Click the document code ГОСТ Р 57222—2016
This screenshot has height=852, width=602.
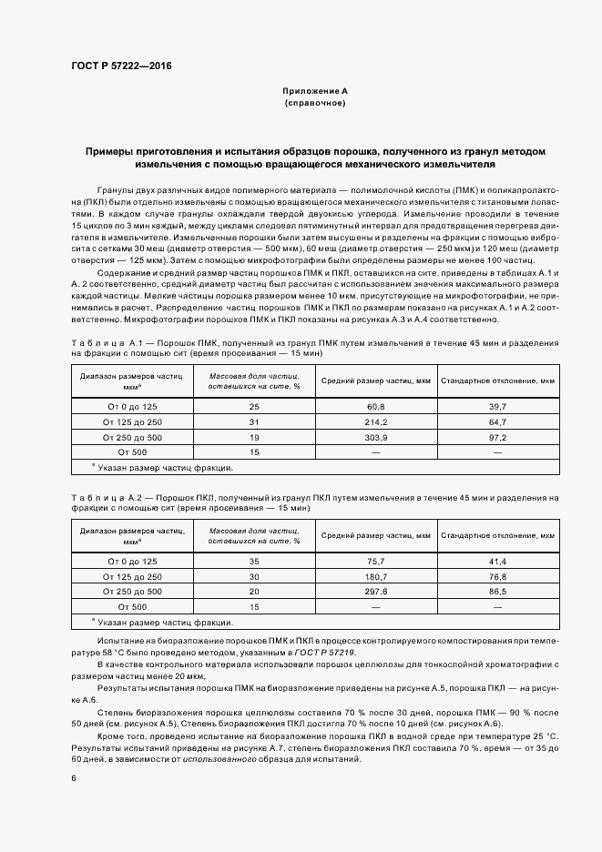pyautogui.click(x=120, y=66)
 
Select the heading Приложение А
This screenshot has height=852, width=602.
pyautogui.click(x=314, y=92)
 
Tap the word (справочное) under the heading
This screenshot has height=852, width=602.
pyautogui.click(x=314, y=104)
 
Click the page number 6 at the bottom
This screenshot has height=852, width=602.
pyautogui.click(x=73, y=778)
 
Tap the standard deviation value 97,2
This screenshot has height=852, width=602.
pyautogui.click(x=497, y=437)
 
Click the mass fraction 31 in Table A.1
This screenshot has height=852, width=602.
pyautogui.click(x=254, y=421)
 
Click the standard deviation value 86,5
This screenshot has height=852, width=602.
pyautogui.click(x=497, y=592)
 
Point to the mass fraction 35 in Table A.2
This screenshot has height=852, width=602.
pyautogui.click(x=254, y=561)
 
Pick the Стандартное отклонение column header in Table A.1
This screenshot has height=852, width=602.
pyautogui.click(x=497, y=380)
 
